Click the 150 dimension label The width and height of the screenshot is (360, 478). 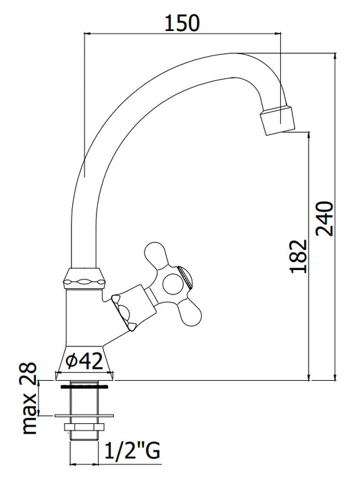pyautogui.click(x=182, y=23)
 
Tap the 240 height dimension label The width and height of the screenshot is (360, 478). pyautogui.click(x=324, y=218)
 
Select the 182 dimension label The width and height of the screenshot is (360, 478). pyautogui.click(x=298, y=256)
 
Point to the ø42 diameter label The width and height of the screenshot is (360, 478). pyautogui.click(x=84, y=361)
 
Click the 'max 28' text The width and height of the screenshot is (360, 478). pyautogui.click(x=30, y=398)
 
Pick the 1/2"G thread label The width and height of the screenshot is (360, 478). pyautogui.click(x=132, y=450)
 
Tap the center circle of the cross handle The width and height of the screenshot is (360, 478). pyautogui.click(x=173, y=284)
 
